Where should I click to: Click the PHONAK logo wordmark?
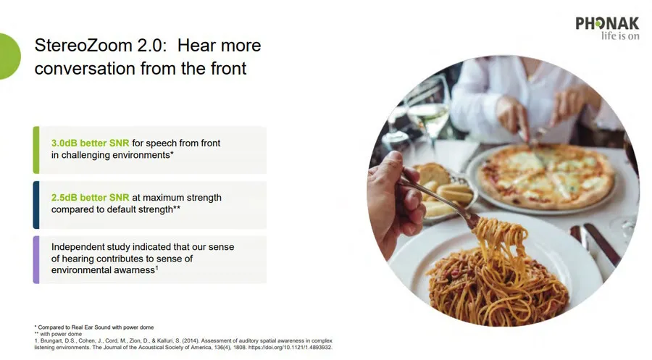point(607,23)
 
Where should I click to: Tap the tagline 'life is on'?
point(620,36)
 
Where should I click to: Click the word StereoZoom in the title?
point(83,46)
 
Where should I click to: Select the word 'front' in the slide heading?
point(228,68)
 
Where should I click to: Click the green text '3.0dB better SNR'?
point(91,143)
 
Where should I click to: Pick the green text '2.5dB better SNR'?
point(91,198)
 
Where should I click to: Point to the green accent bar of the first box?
point(36,150)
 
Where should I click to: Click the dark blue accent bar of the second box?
point(36,204)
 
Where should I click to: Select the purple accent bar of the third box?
point(36,259)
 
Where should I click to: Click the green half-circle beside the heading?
point(9,56)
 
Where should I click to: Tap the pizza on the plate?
point(545,175)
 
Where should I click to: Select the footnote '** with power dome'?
point(58,334)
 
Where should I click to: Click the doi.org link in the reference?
point(298,347)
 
